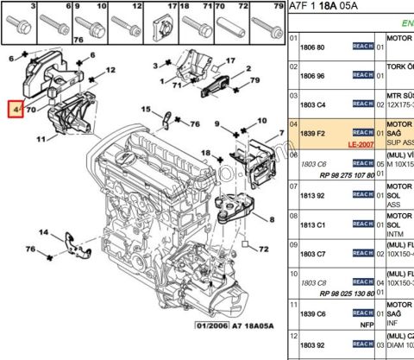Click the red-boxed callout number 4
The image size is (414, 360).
(16, 111)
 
